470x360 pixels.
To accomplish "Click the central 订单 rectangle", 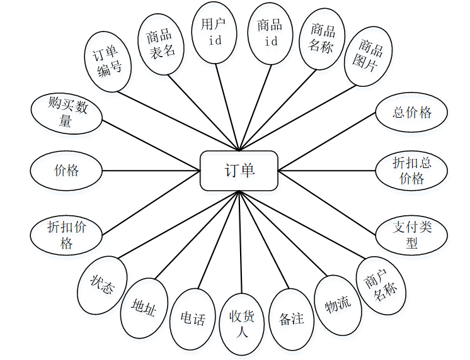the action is (x=239, y=170).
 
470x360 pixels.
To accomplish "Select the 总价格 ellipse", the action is (x=411, y=113).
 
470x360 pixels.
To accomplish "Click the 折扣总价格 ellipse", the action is (x=411, y=170).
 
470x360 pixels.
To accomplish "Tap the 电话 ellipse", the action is (x=193, y=318).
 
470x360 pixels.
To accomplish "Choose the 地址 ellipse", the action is (x=144, y=307).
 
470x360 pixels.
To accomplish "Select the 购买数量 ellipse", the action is (x=66, y=113).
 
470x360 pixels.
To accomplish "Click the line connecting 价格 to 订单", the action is (x=151, y=170).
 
